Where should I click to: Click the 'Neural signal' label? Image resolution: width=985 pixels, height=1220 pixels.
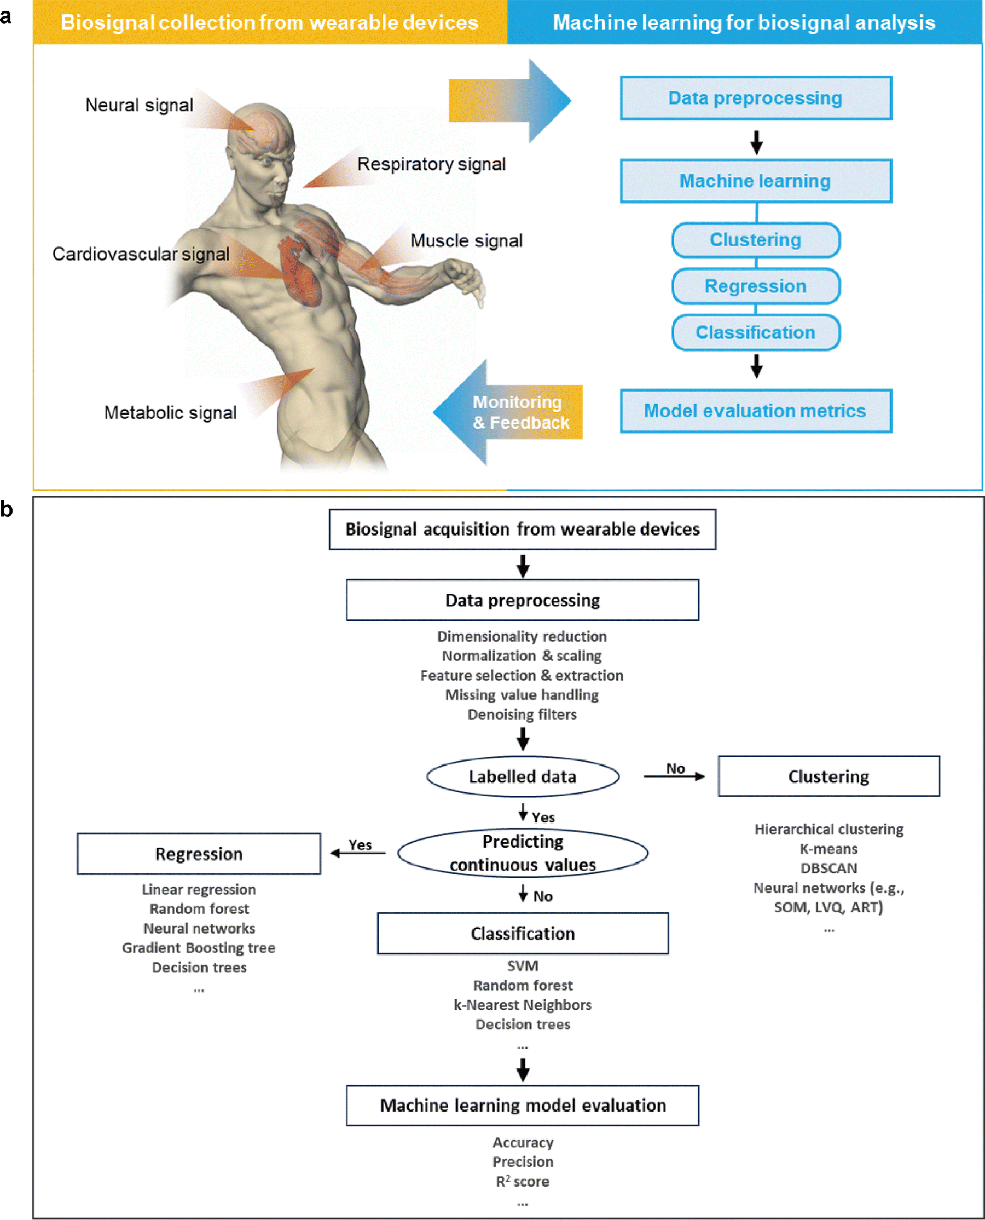tap(139, 105)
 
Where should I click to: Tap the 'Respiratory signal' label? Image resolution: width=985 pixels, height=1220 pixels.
tap(431, 164)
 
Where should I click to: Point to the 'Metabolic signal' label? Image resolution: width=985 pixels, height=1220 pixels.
tap(170, 413)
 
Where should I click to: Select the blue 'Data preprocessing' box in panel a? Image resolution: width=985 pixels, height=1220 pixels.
tap(756, 97)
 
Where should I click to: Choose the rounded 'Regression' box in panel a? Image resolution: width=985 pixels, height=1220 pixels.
tap(756, 286)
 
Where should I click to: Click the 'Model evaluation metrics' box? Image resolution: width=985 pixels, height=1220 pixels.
tap(756, 411)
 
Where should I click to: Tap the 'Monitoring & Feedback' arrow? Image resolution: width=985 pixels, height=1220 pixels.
tap(508, 412)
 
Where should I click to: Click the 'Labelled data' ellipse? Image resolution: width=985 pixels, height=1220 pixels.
tap(523, 776)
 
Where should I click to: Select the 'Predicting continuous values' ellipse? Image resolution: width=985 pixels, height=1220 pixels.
tap(523, 853)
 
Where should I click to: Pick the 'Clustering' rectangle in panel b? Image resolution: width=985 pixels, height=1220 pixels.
tap(828, 776)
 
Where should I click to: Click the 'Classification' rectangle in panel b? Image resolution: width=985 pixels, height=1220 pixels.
tap(523, 933)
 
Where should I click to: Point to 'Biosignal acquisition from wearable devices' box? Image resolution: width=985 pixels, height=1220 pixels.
tap(523, 529)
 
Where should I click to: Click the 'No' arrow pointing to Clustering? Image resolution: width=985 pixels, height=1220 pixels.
tap(674, 776)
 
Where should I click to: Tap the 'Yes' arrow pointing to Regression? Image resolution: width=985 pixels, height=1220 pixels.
tap(357, 853)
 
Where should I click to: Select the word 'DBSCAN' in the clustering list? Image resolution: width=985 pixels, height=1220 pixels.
tap(828, 868)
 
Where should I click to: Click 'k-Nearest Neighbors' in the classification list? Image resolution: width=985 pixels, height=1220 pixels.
tap(523, 1005)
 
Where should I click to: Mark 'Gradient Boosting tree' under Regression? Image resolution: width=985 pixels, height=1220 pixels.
tap(199, 948)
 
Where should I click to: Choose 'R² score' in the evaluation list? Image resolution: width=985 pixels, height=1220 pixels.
tap(523, 1182)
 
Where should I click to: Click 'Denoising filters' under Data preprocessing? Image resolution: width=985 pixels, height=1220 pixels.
tap(522, 714)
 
